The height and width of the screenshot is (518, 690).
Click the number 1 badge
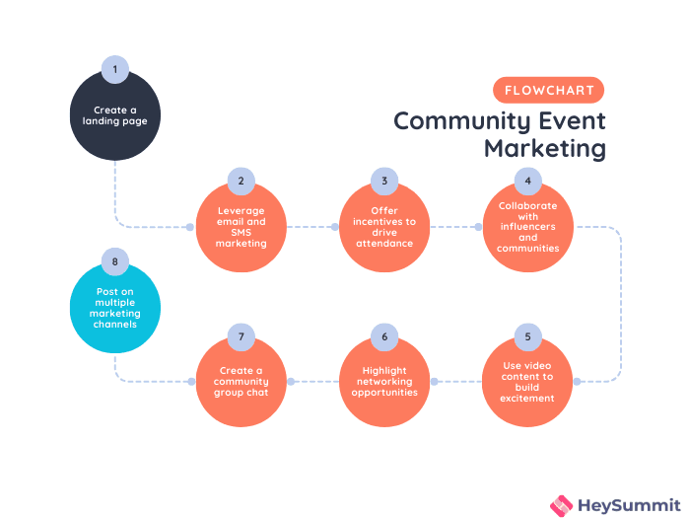(115, 69)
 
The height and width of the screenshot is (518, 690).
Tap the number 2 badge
(241, 182)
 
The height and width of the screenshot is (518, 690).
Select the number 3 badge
(384, 182)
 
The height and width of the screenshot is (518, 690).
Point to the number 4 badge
(528, 182)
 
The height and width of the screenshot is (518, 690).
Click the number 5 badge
(528, 337)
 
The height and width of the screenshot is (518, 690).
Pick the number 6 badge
(384, 337)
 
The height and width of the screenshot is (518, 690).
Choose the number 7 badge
(241, 337)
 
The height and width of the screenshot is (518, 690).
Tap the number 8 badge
(115, 261)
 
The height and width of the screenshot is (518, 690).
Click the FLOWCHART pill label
(549, 90)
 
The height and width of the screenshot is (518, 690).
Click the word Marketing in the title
(544, 149)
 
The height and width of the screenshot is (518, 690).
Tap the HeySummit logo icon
(561, 504)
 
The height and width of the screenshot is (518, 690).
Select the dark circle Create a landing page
(115, 117)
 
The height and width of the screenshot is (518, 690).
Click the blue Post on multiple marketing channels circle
(115, 309)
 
